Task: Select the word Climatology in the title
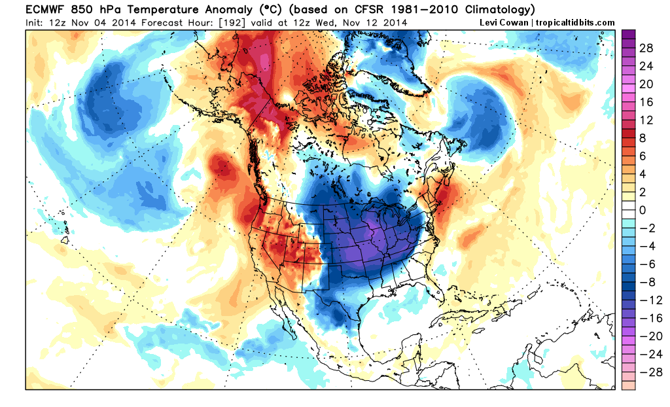(x=496, y=10)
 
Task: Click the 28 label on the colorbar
(x=646, y=48)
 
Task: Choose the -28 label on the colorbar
(x=648, y=371)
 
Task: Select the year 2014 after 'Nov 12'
(x=396, y=22)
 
